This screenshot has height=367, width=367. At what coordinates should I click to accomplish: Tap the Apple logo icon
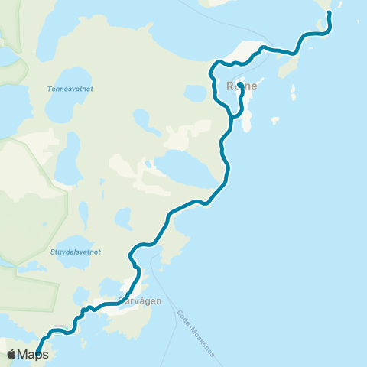pyautogui.click(x=11, y=354)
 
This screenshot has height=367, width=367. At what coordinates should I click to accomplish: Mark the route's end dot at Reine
pyautogui.click(x=240, y=86)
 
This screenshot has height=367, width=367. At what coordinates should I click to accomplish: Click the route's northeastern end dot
pyautogui.click(x=330, y=13)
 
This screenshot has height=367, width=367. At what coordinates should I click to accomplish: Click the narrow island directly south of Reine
pyautogui.click(x=246, y=122)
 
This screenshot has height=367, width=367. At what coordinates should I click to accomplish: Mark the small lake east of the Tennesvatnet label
pyautogui.click(x=141, y=119)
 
